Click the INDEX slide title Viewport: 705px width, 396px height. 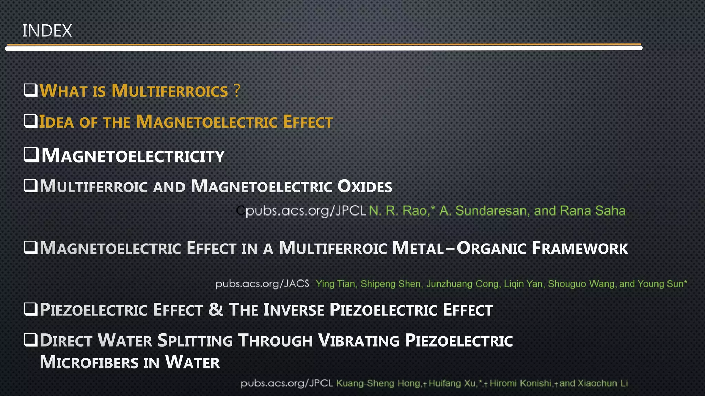[47, 31]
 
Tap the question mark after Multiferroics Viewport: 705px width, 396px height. [236, 91]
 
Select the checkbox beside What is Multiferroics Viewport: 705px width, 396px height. [31, 90]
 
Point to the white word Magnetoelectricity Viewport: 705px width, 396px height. [133, 156]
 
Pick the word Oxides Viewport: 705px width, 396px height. [365, 187]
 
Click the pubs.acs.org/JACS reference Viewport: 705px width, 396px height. [262, 284]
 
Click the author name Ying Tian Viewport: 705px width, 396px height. [336, 284]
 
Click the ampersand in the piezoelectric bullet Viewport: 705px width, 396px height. [215, 309]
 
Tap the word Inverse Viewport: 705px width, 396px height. [294, 310]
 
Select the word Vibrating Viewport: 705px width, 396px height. [359, 341]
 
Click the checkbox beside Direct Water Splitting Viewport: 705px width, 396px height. [31, 340]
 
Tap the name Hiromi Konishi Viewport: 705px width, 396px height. [520, 384]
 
